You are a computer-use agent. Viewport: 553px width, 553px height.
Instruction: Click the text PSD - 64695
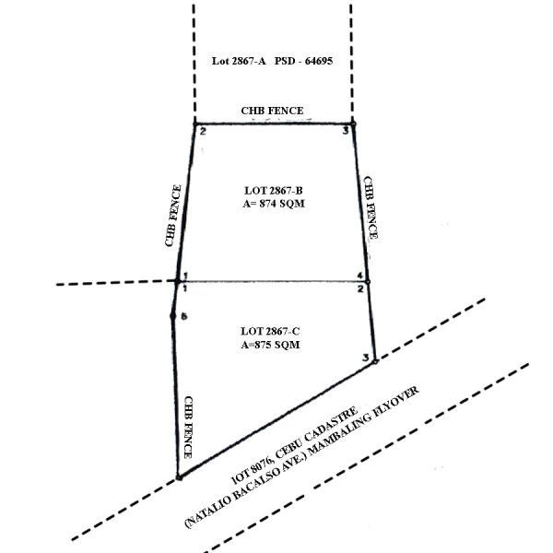pos(303,61)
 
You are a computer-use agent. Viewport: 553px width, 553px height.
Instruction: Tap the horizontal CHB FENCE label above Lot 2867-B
pos(272,111)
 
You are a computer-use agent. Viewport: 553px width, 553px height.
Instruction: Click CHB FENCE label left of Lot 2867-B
pos(173,216)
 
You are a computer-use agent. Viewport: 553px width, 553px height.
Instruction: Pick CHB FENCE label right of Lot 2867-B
pos(371,207)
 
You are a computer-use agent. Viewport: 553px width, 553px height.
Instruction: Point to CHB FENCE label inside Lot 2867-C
pos(189,428)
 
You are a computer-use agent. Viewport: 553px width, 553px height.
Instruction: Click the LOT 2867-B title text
pos(274,191)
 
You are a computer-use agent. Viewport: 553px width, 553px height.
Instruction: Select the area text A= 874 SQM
pos(274,204)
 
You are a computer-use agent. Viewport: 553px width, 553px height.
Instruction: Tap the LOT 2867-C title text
pos(270,332)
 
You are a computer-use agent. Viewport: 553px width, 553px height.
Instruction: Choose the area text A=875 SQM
pos(270,345)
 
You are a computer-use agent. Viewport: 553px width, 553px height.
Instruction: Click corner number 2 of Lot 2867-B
pos(203,132)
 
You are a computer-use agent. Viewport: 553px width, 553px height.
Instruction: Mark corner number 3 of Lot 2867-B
pos(346,131)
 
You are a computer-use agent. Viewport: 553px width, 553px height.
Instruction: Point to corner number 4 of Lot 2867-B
pos(359,276)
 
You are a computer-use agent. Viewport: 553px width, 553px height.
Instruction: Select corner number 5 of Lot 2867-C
pos(184,316)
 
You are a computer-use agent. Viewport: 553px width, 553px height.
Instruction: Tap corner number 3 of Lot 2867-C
pos(366,358)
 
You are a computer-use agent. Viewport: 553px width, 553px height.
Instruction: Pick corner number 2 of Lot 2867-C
pos(360,289)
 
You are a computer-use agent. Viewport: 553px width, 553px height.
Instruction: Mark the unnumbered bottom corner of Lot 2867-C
pos(179,477)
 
